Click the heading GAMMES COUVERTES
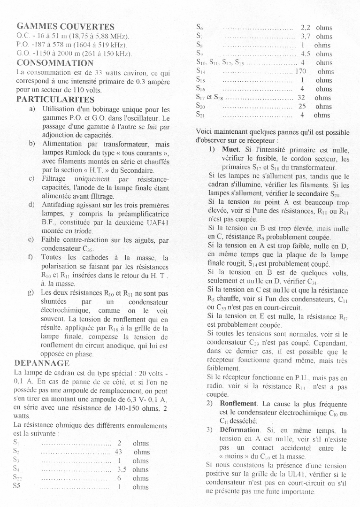[65, 27]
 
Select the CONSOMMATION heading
[55, 63]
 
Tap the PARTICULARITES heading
[55, 100]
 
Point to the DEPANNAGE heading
[42, 363]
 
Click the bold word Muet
[231, 150]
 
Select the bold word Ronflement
[238, 403]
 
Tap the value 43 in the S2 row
[118, 452]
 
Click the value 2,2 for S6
[305, 28]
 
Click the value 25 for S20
[302, 107]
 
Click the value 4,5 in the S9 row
[306, 54]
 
